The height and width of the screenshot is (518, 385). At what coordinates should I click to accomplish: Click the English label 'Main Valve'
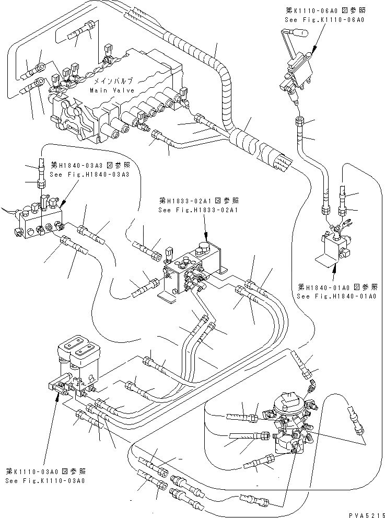(x=112, y=90)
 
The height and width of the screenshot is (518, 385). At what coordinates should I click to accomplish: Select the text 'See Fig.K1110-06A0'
(x=324, y=19)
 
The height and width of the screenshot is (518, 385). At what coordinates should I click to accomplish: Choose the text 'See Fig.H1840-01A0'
(x=336, y=296)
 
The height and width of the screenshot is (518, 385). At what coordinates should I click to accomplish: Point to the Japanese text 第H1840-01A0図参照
(x=336, y=287)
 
